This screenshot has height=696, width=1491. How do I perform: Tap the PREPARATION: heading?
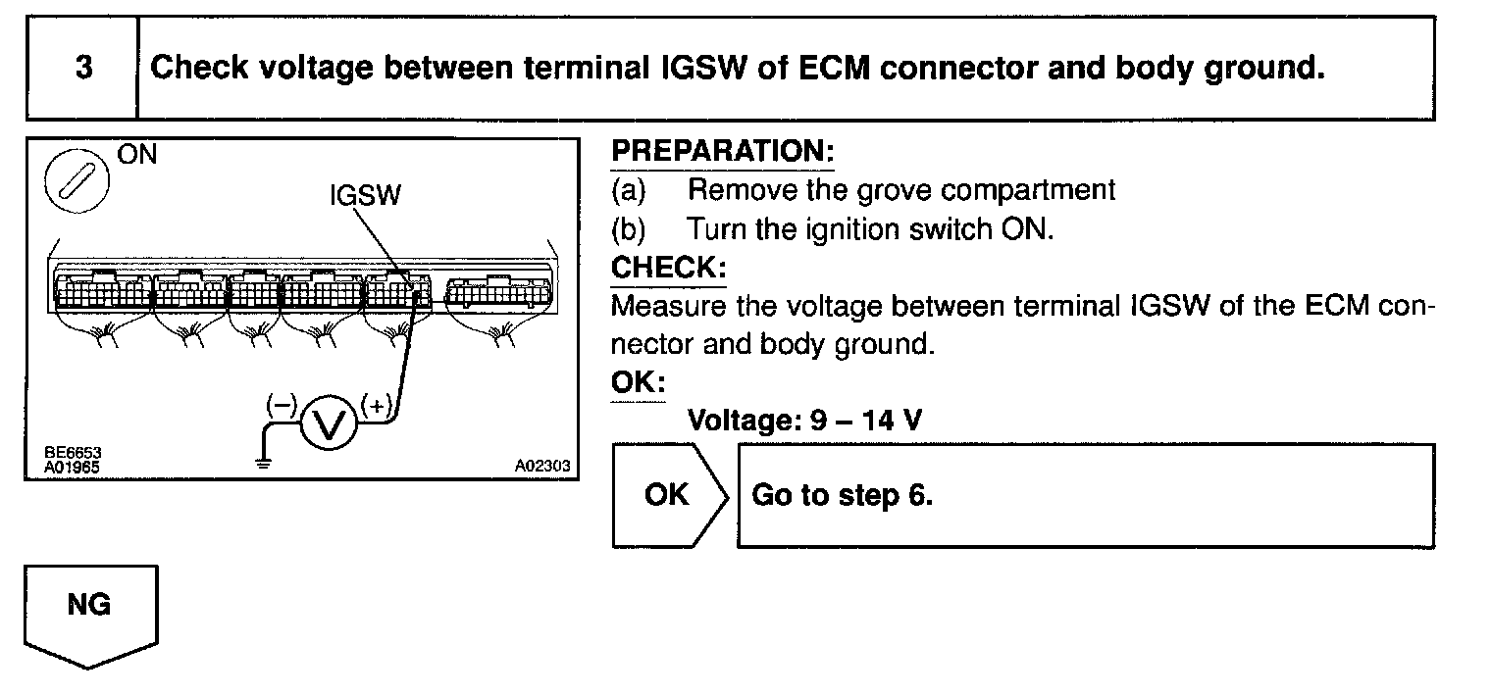[x=722, y=152]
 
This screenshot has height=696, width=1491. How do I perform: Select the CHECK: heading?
[x=668, y=268]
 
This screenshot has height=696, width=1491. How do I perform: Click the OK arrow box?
[x=668, y=495]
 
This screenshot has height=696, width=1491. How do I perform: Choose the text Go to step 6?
[x=842, y=495]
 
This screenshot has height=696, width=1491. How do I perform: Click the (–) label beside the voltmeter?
[x=282, y=403]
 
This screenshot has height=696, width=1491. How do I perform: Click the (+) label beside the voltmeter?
[x=376, y=404]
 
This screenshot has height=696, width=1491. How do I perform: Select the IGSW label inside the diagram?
[x=365, y=196]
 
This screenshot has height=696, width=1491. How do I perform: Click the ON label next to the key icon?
[x=136, y=155]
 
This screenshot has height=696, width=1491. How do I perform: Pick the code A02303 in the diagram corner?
[x=541, y=467]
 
